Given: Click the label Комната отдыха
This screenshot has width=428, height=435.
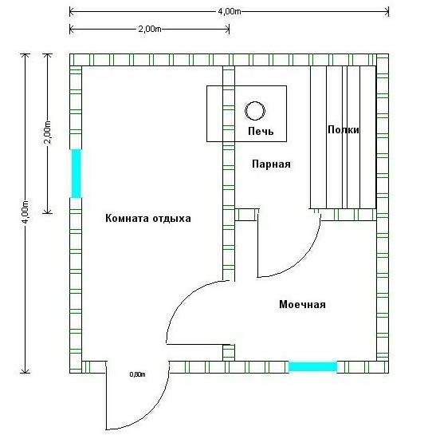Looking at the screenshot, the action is tap(148, 219).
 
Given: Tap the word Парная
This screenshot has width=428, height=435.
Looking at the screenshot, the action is tap(271, 164).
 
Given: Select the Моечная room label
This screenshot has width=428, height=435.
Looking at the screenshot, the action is tap(302, 304).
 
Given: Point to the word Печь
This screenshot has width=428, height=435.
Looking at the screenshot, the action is tap(261, 131).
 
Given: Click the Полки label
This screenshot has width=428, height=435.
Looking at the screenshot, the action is tap(344, 129).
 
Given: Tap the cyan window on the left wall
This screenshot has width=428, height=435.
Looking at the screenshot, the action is tap(77, 173).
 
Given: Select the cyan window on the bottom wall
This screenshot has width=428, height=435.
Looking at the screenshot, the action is tap(312, 366).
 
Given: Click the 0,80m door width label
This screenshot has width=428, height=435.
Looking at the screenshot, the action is tap(137, 374).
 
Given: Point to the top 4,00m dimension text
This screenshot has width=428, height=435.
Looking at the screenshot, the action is tap(229, 12).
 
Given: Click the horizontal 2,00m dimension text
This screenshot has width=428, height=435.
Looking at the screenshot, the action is tap(150, 29).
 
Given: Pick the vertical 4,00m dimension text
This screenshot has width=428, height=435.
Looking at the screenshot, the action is tap(26, 212).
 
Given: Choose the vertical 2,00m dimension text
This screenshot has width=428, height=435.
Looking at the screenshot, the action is tap(48, 132).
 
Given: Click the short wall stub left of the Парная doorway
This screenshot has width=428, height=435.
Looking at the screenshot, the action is tap(246, 215).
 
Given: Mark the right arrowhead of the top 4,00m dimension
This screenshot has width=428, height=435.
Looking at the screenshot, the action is tap(387, 12).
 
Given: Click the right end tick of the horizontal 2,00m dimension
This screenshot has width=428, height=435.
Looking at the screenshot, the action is tap(229, 29).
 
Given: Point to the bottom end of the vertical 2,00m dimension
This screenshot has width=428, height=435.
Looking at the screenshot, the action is tap(48, 213).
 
